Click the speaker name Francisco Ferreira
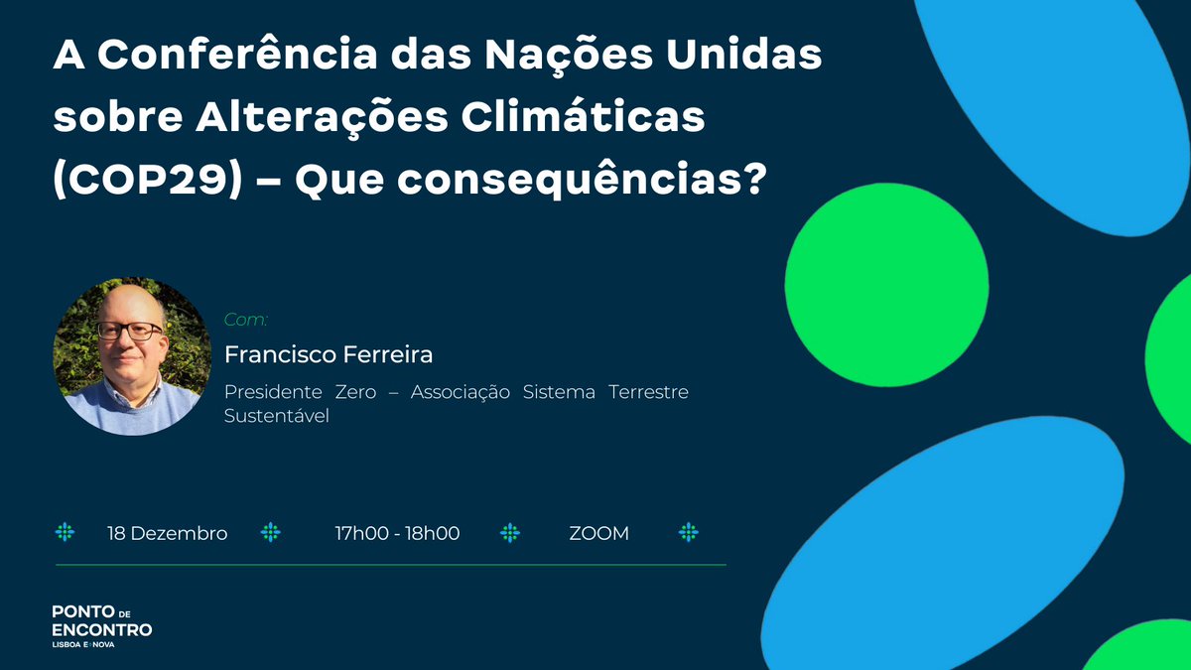tap(329, 354)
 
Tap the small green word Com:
tap(245, 320)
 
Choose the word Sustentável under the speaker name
tap(276, 416)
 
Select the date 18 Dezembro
tap(168, 533)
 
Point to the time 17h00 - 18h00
tap(397, 533)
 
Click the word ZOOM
tap(599, 533)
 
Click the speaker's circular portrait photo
tap(127, 357)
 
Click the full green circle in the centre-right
tap(886, 284)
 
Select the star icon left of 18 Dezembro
tap(65, 533)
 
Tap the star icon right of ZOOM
tap(689, 533)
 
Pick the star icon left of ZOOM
tap(510, 533)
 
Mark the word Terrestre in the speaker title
tap(649, 392)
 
